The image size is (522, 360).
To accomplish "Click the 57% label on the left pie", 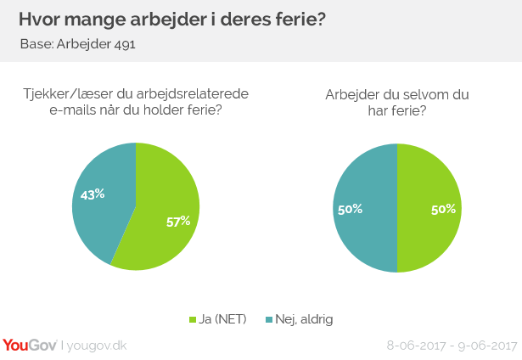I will click(x=177, y=222).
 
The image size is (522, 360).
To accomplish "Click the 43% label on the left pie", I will click(x=93, y=194).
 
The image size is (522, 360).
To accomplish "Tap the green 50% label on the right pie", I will click(x=444, y=208).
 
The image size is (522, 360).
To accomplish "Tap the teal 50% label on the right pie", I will click(x=351, y=208).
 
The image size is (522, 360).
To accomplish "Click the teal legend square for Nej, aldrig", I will click(x=269, y=319).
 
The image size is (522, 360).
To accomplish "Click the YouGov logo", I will click(x=30, y=345).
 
